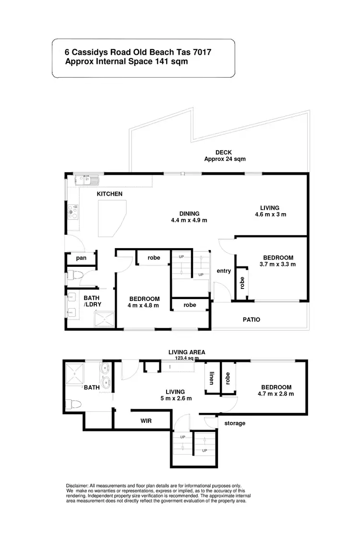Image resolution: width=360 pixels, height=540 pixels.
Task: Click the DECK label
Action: (224, 153)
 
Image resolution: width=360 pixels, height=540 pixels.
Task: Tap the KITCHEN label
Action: (110, 194)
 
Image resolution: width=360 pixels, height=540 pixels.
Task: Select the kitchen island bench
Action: (112, 217)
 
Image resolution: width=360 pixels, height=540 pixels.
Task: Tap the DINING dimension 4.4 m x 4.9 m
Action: (189, 220)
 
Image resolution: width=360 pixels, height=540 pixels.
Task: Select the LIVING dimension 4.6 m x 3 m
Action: (270, 215)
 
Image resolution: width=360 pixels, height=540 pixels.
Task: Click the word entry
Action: (224, 271)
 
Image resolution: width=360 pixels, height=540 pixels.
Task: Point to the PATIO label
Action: (252, 319)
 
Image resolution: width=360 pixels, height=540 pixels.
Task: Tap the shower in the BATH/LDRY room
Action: (105, 318)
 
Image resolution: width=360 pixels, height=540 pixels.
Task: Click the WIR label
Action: (146, 420)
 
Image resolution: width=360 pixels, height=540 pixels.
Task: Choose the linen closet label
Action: (211, 380)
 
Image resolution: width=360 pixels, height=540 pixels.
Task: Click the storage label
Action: (235, 423)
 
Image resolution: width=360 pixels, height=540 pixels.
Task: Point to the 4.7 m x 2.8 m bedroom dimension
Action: (276, 394)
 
